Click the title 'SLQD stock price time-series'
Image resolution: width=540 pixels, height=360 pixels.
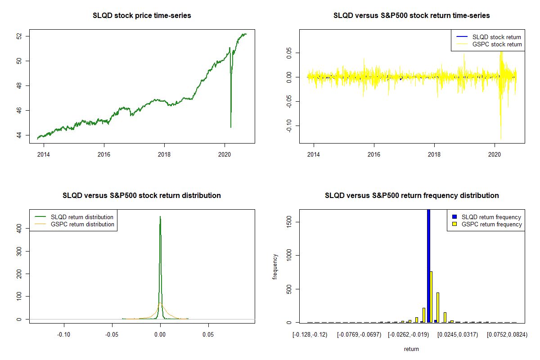142,16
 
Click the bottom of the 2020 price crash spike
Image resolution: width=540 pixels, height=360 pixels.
231,127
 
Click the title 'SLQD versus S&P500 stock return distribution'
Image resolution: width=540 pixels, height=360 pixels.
142,196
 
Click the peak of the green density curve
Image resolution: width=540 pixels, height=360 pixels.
160,217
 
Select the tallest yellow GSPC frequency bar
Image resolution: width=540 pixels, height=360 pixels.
431,297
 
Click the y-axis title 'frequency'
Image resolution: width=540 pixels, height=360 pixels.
275,266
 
